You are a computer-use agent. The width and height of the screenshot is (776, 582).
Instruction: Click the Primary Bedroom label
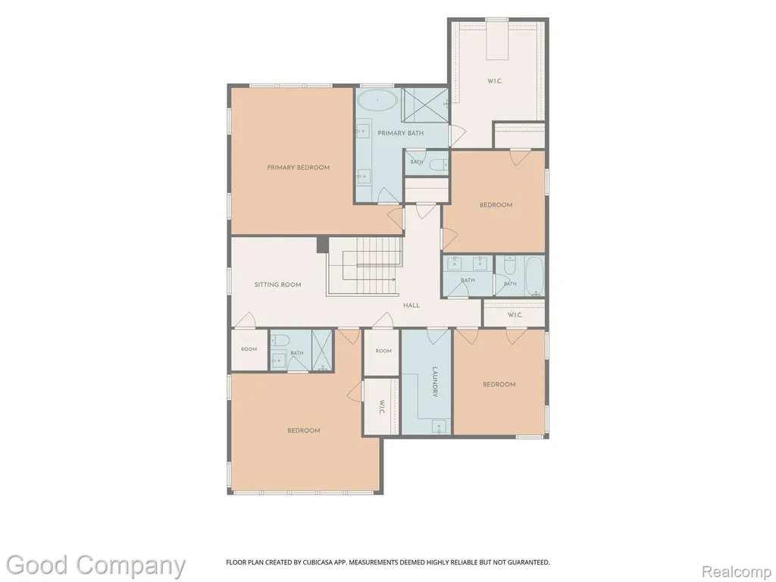pyautogui.click(x=298, y=167)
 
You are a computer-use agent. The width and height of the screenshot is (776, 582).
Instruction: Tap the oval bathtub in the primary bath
pyautogui.click(x=377, y=101)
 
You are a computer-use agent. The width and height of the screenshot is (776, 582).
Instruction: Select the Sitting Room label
pyautogui.click(x=277, y=285)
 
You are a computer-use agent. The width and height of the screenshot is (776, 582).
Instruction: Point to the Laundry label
pyautogui.click(x=435, y=382)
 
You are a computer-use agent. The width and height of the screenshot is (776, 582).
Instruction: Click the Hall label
pyautogui.click(x=411, y=305)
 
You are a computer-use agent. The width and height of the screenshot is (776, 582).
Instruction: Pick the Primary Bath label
pyautogui.click(x=400, y=133)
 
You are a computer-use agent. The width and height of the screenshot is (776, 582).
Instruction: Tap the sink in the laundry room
pyautogui.click(x=439, y=427)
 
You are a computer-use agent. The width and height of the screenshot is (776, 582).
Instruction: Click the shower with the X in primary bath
pyautogui.click(x=424, y=105)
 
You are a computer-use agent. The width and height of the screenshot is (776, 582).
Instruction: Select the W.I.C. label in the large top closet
pyautogui.click(x=495, y=80)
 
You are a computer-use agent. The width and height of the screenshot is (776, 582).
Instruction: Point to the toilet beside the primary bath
pyautogui.click(x=437, y=164)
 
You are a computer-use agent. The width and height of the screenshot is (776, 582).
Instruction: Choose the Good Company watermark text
pyautogui.click(x=95, y=565)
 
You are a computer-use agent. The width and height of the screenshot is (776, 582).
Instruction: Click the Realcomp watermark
pyautogui.click(x=737, y=571)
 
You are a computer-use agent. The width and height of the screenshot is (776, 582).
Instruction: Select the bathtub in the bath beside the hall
pyautogui.click(x=535, y=275)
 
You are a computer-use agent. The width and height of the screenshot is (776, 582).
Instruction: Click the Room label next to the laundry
pyautogui.click(x=383, y=351)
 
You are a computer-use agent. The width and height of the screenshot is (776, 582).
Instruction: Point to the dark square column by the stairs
pyautogui.click(x=322, y=245)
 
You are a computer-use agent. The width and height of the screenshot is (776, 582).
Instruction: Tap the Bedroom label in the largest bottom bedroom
pyautogui.click(x=304, y=430)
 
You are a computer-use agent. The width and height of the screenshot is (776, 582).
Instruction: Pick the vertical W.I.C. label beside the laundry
pyautogui.click(x=382, y=407)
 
